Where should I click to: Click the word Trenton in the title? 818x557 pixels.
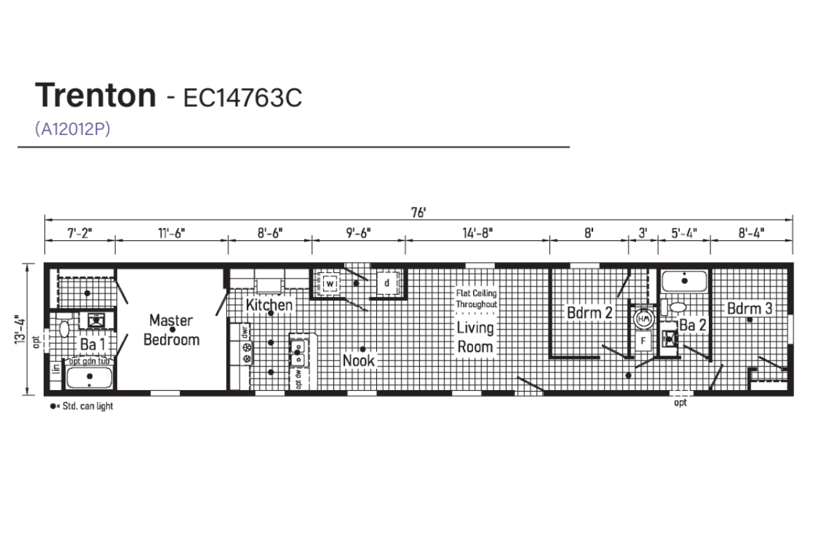95,95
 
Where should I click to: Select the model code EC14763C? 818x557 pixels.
243,98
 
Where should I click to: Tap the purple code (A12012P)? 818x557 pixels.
72,129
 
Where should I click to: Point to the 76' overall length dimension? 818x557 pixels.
419,212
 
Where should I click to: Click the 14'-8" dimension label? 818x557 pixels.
478,232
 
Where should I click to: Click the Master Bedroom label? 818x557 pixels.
171,330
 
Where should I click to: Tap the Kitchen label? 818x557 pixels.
269,305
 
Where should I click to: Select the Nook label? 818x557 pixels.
359,361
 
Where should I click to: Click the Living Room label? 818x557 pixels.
475,337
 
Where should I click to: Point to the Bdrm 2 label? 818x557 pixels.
590,313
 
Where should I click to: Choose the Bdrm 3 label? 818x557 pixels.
750,308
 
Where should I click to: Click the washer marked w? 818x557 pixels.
329,283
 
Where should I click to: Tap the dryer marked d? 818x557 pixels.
387,283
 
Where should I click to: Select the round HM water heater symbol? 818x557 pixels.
643,319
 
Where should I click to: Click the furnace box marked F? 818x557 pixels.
643,341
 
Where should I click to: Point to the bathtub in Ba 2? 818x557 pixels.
684,281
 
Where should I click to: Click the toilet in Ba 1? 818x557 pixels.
64,329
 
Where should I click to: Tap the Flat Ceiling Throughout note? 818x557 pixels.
476,299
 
